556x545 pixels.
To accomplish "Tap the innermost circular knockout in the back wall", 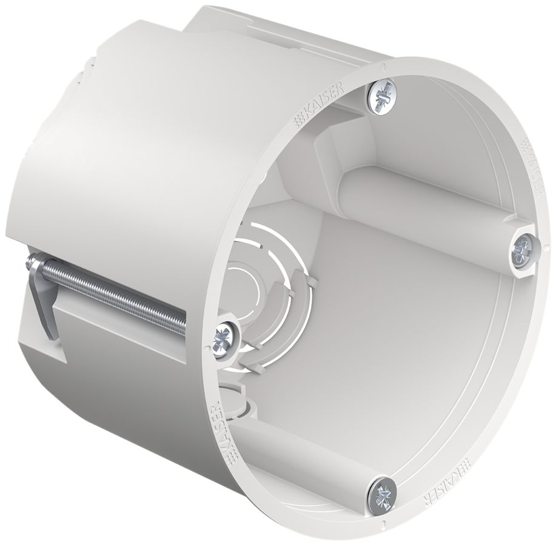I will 249,284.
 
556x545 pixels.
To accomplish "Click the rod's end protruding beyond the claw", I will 30,262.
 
